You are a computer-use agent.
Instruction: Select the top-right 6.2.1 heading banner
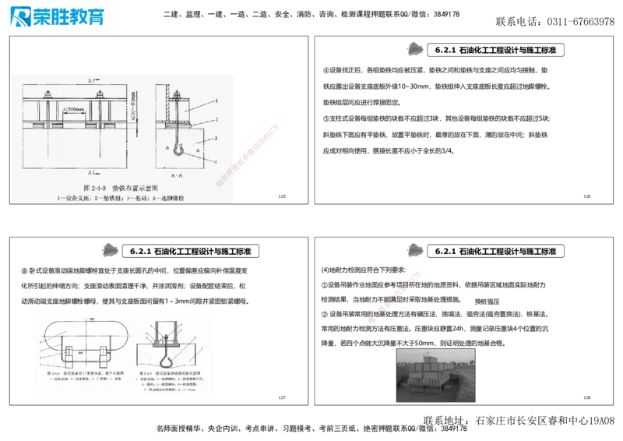pos(495,50)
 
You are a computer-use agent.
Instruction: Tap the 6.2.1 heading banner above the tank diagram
pos(190,252)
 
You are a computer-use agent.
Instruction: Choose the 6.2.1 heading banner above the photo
pos(495,252)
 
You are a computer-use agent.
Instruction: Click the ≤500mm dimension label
pos(75,109)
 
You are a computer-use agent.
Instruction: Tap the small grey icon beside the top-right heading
pos(414,49)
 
